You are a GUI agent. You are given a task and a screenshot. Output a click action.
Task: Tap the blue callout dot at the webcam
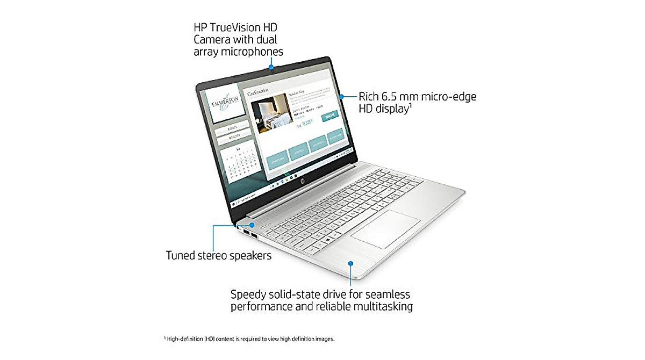tap(271, 68)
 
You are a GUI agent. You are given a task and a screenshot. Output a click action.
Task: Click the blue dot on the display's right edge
tap(342, 97)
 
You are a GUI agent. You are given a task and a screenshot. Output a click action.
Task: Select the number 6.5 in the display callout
tap(396, 97)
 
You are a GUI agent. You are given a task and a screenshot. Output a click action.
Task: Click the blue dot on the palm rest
tap(350, 263)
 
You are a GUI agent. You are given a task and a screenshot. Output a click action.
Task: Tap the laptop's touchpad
tap(385, 229)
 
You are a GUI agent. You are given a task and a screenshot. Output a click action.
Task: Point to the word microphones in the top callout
tap(249, 52)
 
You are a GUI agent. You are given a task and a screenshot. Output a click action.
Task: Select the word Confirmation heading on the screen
tap(258, 92)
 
